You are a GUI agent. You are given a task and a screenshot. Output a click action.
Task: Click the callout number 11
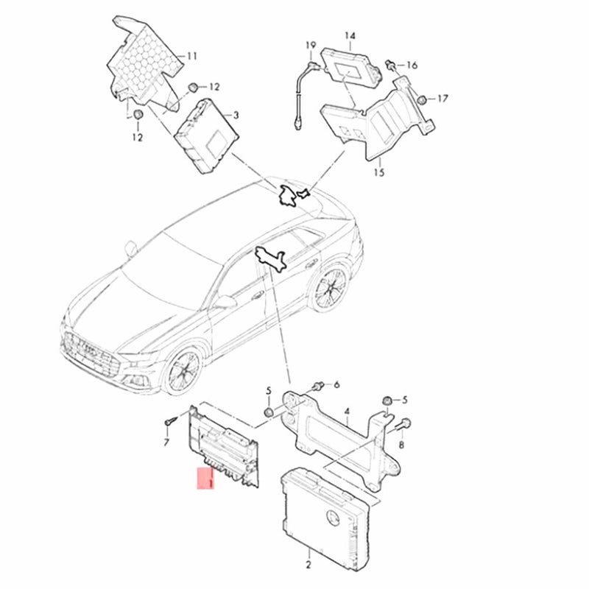click(x=192, y=56)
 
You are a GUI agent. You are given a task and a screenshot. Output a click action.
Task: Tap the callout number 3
click(x=236, y=115)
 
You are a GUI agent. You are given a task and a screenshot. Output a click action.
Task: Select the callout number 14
click(x=350, y=35)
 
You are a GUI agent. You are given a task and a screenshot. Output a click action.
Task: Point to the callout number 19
click(x=311, y=46)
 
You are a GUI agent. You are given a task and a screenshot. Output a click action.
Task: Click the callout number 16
click(x=412, y=66)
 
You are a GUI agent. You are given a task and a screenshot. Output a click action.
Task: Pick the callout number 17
click(x=443, y=99)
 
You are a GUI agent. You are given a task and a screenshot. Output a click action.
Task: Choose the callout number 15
click(x=379, y=172)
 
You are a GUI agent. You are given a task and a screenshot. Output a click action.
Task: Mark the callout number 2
click(x=308, y=565)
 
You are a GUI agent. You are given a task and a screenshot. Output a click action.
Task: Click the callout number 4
click(x=347, y=412)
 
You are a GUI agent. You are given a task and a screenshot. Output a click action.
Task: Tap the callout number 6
click(x=336, y=384)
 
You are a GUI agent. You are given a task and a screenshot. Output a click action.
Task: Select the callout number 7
click(x=166, y=443)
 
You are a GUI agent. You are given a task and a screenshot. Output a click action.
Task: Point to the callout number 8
click(x=401, y=445)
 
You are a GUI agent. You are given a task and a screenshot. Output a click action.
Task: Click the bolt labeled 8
click(x=403, y=425)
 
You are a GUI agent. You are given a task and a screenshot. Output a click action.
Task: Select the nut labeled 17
click(x=421, y=99)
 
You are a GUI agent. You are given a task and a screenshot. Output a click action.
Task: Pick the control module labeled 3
click(x=206, y=136)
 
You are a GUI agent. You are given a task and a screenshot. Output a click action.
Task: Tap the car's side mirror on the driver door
click(x=225, y=302)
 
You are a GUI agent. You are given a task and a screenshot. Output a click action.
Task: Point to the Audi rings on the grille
click(x=89, y=348)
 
